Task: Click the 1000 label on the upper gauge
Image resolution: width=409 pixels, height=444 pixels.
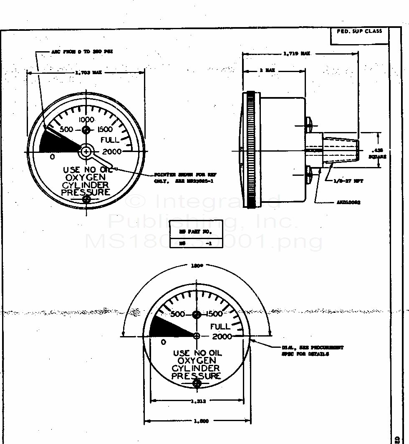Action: click(x=86, y=120)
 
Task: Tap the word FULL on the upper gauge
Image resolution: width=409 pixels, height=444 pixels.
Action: click(x=110, y=140)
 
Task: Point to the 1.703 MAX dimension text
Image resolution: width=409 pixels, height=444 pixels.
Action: click(x=88, y=72)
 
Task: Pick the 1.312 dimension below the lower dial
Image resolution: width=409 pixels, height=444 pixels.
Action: click(x=197, y=402)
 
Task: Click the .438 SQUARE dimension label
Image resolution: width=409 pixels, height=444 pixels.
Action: click(x=377, y=154)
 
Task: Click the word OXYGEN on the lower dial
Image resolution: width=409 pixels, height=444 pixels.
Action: click(x=197, y=361)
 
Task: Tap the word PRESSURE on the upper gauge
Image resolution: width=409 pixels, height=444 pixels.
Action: click(x=86, y=192)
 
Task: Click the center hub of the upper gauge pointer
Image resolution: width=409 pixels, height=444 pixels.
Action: click(x=86, y=152)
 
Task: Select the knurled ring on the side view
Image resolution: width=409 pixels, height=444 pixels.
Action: click(x=251, y=150)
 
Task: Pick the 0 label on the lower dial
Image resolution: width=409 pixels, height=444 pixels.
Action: click(x=163, y=342)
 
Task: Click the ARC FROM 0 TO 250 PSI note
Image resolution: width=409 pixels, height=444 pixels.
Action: click(x=82, y=52)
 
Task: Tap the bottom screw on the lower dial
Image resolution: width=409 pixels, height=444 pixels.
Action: click(x=197, y=383)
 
